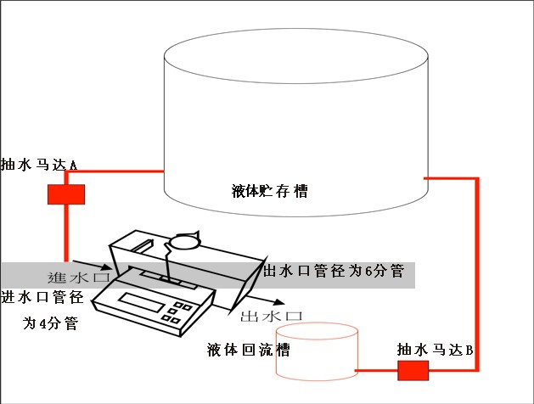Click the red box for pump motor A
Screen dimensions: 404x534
(x=65, y=194)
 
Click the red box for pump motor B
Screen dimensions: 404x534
(x=413, y=370)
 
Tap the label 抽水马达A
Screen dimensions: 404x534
(x=40, y=165)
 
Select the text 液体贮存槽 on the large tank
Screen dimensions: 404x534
(x=269, y=191)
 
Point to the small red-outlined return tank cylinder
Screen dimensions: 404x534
(x=317, y=352)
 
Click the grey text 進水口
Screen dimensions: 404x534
(x=77, y=278)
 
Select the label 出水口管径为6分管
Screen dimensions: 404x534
(x=334, y=272)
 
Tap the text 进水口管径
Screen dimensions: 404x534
(x=42, y=297)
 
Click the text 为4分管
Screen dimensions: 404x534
(x=50, y=323)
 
